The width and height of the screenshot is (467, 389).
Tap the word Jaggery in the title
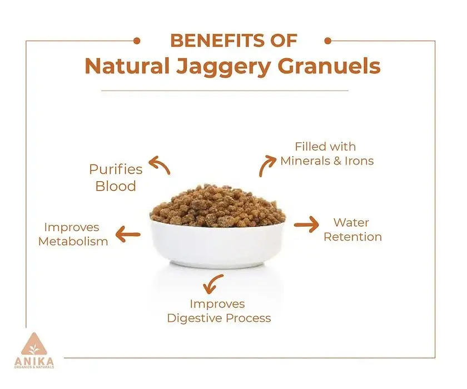click(223, 67)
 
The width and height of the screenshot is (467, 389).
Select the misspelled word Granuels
click(329, 66)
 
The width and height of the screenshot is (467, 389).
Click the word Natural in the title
click(127, 66)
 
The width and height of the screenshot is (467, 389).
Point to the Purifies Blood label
click(116, 178)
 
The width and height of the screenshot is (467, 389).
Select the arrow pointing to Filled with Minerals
click(266, 165)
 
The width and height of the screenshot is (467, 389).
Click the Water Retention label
click(352, 230)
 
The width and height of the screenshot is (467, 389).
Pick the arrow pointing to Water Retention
click(306, 224)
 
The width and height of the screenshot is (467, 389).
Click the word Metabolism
click(73, 241)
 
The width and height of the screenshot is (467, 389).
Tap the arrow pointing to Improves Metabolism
click(128, 234)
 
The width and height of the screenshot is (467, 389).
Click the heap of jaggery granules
click(217, 206)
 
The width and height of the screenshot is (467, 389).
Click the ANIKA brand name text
click(34, 362)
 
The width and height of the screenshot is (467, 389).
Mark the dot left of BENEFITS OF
click(137, 41)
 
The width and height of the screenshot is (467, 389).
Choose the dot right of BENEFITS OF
click(327, 41)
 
